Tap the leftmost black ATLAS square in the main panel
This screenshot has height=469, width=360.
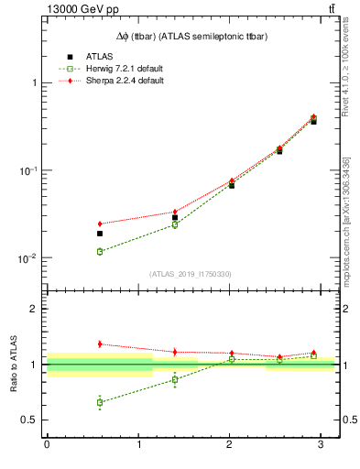[100, 234]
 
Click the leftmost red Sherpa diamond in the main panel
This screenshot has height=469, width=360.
[100, 224]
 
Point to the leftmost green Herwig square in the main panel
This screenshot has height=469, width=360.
[100, 251]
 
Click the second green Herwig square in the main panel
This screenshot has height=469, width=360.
[175, 224]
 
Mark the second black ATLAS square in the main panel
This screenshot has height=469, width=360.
[175, 217]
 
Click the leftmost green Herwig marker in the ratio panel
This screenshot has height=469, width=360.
[100, 402]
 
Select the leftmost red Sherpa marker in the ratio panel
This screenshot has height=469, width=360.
[100, 344]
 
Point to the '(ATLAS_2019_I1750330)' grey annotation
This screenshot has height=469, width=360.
[191, 273]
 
